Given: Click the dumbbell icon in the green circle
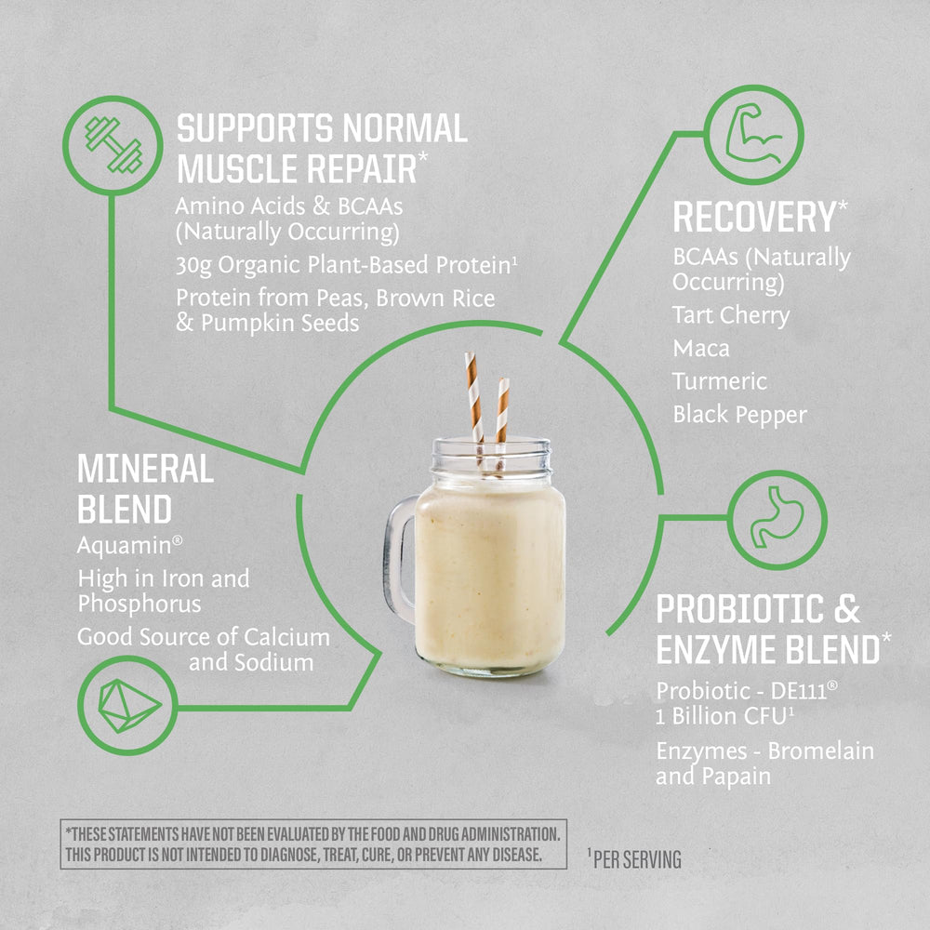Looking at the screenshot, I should pyautogui.click(x=113, y=144).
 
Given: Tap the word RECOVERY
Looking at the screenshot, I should pyautogui.click(x=753, y=218).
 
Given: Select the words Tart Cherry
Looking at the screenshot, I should pyautogui.click(x=730, y=315).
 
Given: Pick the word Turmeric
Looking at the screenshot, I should pyautogui.click(x=720, y=381).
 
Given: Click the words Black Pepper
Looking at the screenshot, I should pyautogui.click(x=739, y=415).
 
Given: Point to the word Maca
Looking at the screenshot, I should pyautogui.click(x=700, y=349).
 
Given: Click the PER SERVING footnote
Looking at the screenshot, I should pyautogui.click(x=636, y=859).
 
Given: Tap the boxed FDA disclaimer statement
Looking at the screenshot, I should pyautogui.click(x=312, y=844).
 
